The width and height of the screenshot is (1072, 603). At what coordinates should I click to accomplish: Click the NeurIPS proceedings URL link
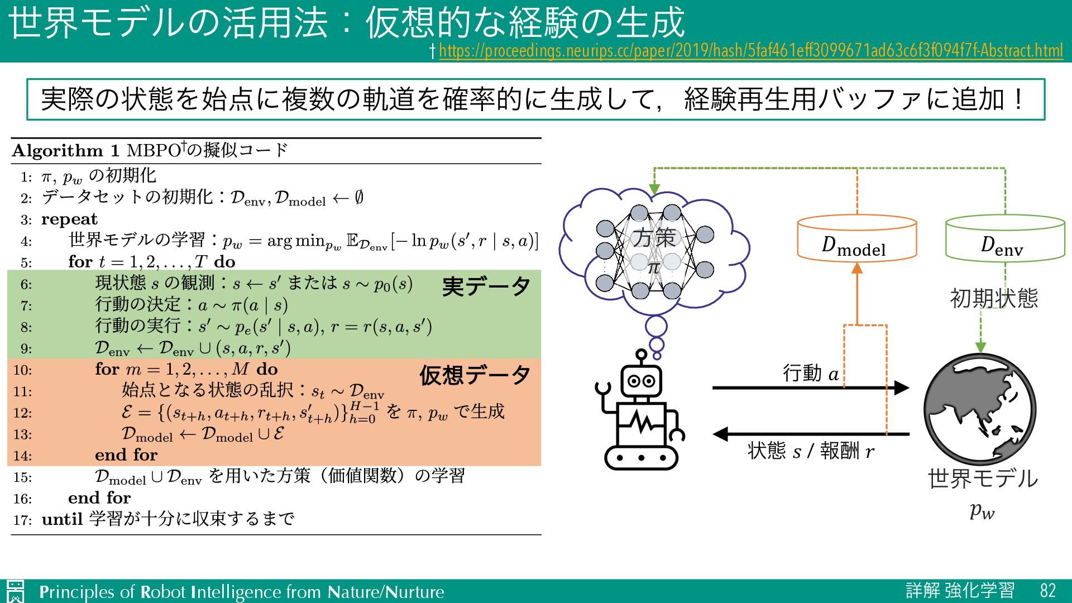point(750,51)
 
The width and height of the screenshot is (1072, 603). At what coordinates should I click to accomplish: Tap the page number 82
point(1047,591)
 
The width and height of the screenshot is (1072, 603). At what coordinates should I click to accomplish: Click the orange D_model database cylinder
point(856,239)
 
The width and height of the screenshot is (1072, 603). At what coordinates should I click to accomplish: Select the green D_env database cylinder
point(1004,239)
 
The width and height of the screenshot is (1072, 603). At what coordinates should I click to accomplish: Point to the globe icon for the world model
point(980,409)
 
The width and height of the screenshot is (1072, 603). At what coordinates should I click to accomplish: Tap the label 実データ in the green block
point(486,286)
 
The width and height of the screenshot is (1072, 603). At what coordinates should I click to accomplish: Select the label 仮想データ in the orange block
point(475,375)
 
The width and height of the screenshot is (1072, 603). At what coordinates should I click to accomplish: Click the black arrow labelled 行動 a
point(810,387)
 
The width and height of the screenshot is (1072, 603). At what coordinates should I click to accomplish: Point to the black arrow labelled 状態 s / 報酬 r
point(810,433)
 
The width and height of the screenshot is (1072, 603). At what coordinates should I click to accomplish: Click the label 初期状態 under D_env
point(994,298)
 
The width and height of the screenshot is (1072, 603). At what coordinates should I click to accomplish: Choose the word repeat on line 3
point(69,219)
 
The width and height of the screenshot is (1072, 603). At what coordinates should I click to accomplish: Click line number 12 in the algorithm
point(23,413)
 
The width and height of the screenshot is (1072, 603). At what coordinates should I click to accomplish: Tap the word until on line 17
point(62,519)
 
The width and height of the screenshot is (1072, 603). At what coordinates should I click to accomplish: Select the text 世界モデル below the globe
point(983,479)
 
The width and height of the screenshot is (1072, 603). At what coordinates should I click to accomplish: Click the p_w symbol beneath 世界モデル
point(982,510)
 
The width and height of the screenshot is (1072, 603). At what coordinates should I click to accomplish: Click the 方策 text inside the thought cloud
point(654,238)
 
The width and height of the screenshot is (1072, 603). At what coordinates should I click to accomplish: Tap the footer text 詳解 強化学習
point(960,591)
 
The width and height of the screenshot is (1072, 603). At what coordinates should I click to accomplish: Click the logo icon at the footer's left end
point(16,591)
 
